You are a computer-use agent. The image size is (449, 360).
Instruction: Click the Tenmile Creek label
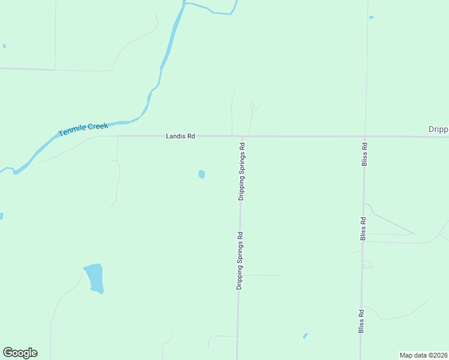83,128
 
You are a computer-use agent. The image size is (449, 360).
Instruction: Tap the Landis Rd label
180,137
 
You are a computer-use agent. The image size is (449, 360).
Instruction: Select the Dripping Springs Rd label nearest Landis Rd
241,171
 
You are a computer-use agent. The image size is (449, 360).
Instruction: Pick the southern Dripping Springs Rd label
240,260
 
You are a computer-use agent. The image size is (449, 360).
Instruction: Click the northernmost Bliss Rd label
364,154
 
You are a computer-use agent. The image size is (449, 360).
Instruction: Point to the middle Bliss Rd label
363,229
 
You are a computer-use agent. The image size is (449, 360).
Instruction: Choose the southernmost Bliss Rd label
361,320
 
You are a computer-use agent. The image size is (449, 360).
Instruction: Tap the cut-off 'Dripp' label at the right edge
438,129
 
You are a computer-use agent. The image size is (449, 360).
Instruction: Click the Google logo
20,353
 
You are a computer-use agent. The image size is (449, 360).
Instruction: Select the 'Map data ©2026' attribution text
423,355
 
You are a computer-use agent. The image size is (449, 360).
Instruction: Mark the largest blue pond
94,278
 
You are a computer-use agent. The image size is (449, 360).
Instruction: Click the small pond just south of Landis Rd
202,175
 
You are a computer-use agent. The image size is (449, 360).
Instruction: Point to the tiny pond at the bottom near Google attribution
305,335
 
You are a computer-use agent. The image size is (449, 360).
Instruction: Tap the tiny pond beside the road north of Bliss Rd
371,17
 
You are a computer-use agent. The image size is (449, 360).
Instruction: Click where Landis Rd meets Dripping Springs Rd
243,137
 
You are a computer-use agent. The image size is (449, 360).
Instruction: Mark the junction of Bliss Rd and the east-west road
364,137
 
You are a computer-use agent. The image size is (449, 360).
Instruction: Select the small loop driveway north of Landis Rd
252,109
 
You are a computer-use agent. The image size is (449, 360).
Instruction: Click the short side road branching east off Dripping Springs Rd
261,275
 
